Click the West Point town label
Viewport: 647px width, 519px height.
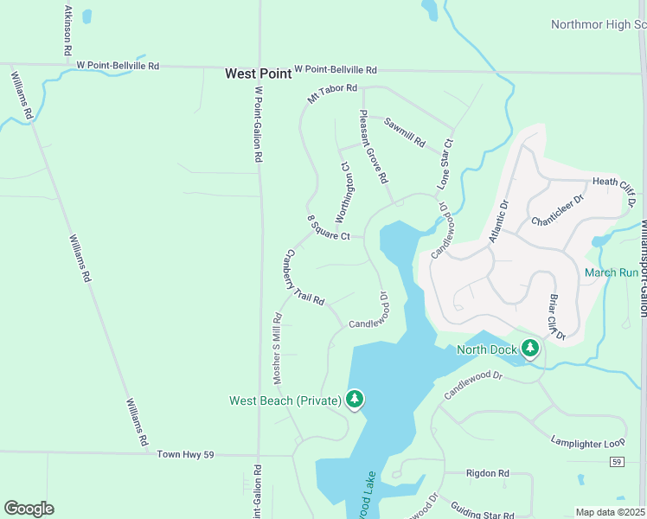[258, 74]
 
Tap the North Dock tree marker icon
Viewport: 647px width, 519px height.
[529, 349]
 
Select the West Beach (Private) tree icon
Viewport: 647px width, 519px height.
[354, 399]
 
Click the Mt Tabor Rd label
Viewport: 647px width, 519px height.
[332, 94]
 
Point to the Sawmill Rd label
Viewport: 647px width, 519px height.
[405, 131]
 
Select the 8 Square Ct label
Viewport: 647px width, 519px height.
[329, 228]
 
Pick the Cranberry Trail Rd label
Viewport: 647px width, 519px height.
[304, 278]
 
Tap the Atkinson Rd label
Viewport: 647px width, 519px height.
[67, 30]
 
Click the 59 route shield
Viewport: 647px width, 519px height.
[616, 463]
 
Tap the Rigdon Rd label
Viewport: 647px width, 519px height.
[487, 473]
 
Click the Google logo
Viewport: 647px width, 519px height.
[29, 509]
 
